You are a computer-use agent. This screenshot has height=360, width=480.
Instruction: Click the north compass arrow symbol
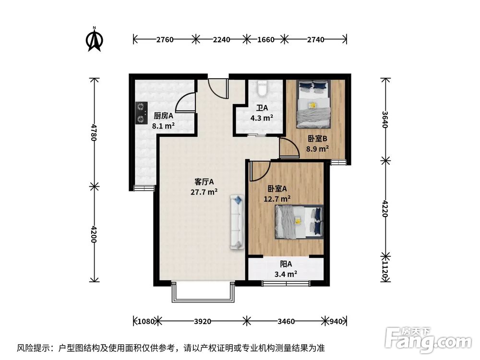click(x=95, y=40)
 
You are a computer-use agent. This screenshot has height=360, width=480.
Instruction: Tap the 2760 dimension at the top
click(x=165, y=39)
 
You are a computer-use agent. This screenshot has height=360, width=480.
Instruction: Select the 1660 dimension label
click(x=265, y=39)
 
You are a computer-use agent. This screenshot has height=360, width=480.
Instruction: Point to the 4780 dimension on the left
click(x=94, y=131)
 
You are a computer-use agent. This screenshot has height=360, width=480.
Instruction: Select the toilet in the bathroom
click(x=262, y=89)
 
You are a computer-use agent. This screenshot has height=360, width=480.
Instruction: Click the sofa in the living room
click(x=237, y=221)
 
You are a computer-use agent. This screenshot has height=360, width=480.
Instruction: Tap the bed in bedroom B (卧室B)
click(x=313, y=104)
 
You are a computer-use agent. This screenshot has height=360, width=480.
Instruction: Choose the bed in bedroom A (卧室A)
click(x=299, y=221)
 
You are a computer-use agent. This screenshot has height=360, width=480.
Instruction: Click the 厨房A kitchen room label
click(x=163, y=116)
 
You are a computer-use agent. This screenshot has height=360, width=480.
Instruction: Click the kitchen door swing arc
click(x=186, y=102)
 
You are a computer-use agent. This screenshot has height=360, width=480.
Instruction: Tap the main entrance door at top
click(x=218, y=88)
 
